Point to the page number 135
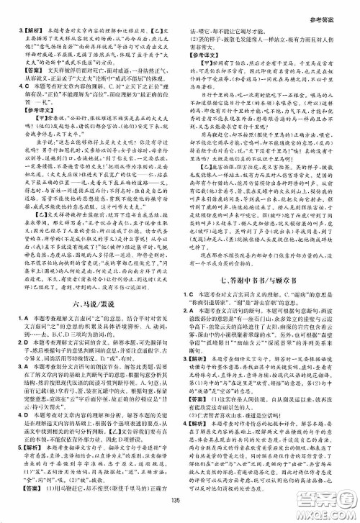pos(180,513)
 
